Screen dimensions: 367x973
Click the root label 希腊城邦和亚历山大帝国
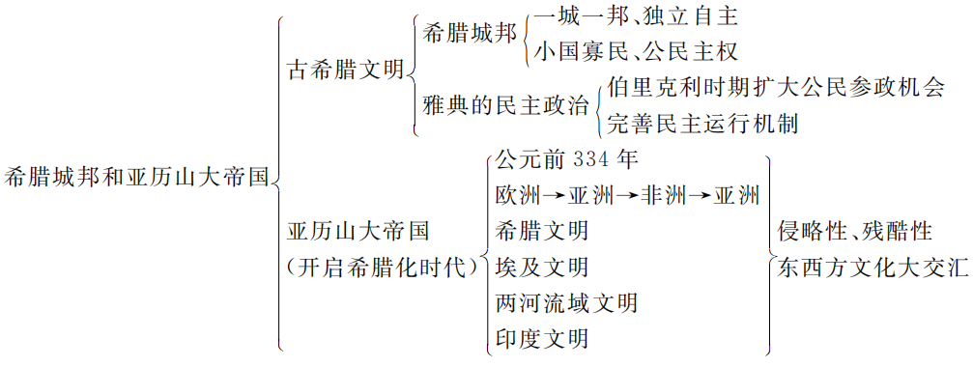click(136, 178)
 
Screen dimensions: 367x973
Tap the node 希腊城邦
click(469, 33)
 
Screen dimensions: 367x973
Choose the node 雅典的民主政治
click(505, 105)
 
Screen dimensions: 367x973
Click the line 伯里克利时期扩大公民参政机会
click(776, 88)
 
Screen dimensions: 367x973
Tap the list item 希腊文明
click(540, 231)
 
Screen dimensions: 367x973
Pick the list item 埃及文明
click(540, 267)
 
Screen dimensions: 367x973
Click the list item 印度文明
click(540, 338)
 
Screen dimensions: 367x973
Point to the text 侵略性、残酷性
click(855, 231)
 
